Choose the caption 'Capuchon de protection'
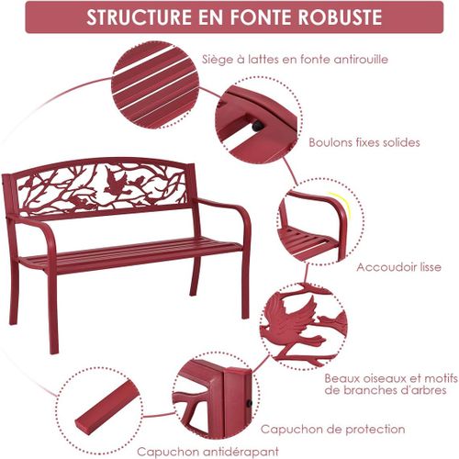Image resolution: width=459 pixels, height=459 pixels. pyautogui.click(x=332, y=428)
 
